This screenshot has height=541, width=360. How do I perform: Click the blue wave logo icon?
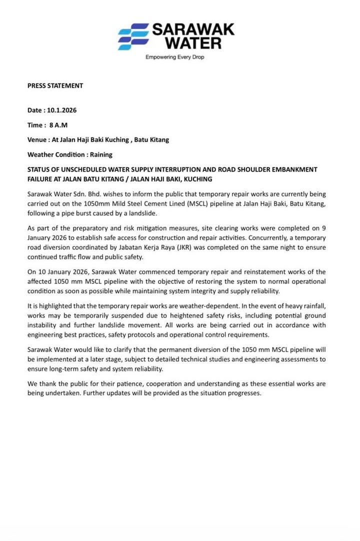click(133, 36)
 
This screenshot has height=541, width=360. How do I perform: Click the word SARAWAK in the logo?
click(193, 29)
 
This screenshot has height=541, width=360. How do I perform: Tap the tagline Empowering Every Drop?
click(174, 57)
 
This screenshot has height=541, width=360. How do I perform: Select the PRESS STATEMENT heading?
click(55, 85)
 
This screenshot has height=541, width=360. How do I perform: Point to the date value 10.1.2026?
click(62, 110)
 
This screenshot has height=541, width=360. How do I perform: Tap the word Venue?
click(37, 139)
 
